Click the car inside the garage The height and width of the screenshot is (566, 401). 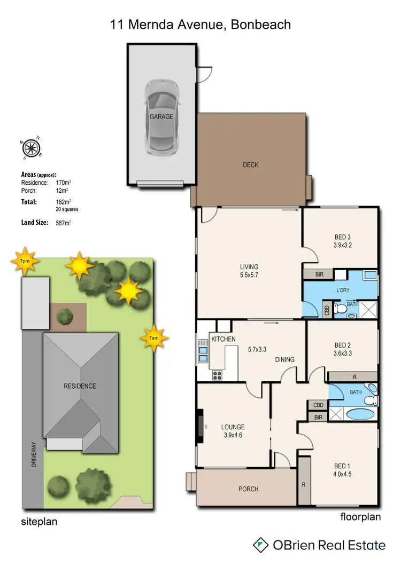coord(161,116)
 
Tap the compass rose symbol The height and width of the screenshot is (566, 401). coord(32,147)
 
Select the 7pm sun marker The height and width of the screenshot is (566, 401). coord(24,260)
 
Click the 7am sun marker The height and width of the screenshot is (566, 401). coord(153,338)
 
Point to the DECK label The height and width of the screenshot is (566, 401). coord(250,165)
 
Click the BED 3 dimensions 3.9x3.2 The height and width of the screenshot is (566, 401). coord(341,246)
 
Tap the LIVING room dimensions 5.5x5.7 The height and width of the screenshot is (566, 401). coord(249,276)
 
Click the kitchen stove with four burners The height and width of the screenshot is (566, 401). coord(217,375)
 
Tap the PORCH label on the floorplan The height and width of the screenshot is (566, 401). coord(248,489)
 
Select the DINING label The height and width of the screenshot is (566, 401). coord(285,359)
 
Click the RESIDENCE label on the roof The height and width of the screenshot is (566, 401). coord(80,386)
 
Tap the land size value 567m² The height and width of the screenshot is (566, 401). coord(64,223)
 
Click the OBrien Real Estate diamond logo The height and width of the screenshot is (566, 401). coord(260,545)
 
